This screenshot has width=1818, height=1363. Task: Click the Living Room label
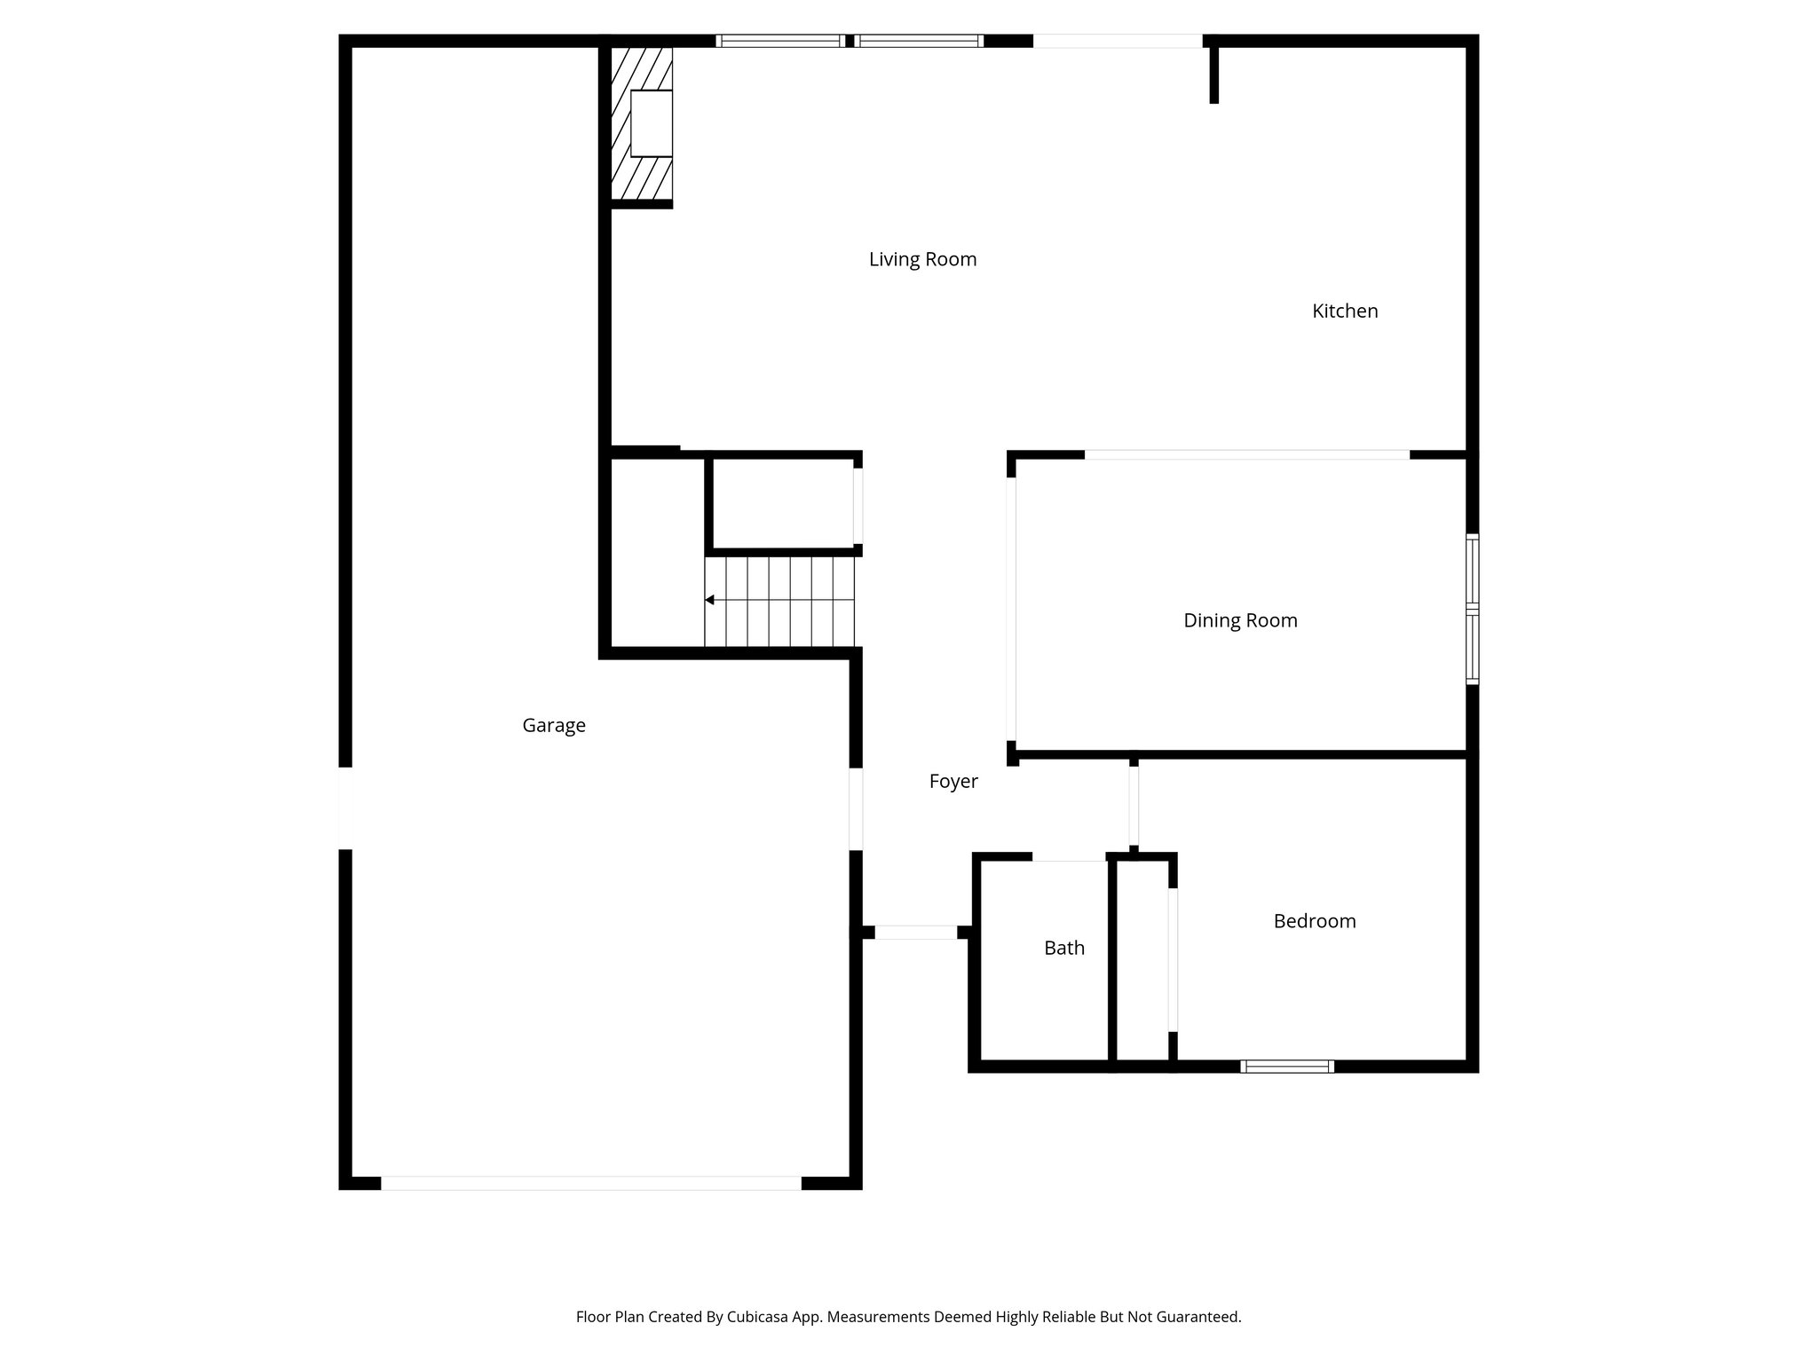tap(922, 259)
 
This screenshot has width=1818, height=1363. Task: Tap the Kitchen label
tap(1345, 311)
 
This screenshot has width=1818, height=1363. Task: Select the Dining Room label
tap(1240, 620)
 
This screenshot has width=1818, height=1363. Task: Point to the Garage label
tap(554, 725)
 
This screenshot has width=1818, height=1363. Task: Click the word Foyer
tap(953, 781)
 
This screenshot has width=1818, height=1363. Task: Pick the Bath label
tap(1064, 948)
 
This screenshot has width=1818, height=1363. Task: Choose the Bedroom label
tap(1315, 921)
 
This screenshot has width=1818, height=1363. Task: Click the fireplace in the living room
tap(651, 123)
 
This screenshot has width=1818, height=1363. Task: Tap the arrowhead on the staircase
tap(710, 600)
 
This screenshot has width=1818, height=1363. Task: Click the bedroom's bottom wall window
tap(1287, 1066)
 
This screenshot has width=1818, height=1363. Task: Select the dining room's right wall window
tap(1472, 609)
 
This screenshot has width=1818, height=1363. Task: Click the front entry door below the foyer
tap(915, 932)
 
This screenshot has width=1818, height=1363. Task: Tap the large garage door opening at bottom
tap(590, 1183)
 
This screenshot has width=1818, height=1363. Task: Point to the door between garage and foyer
tap(856, 808)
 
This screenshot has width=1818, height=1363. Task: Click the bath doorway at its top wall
tap(1069, 857)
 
